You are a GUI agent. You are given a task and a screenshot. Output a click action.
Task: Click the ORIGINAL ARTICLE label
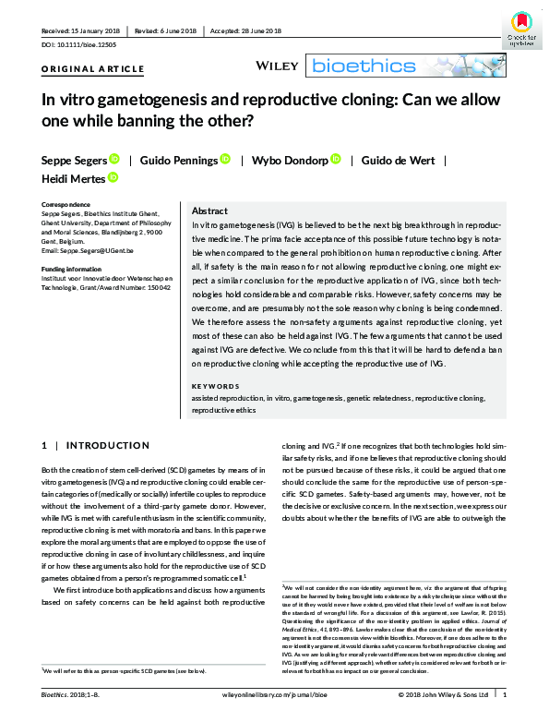(x=92, y=69)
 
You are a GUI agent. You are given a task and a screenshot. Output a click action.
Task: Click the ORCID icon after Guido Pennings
(x=225, y=160)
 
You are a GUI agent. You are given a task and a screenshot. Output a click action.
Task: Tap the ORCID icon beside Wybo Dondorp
(x=336, y=160)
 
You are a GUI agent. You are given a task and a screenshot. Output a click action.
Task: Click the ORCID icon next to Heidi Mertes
(x=113, y=178)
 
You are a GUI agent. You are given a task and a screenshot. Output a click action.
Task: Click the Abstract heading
(x=210, y=211)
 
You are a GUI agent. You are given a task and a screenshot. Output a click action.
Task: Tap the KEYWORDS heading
(x=215, y=387)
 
